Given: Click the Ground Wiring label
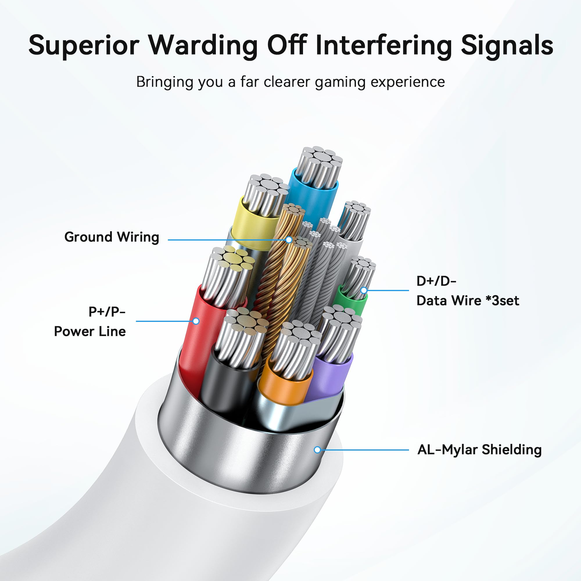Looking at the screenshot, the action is point(112,237).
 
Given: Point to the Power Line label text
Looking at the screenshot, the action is point(89,331).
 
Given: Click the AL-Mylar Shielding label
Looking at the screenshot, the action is point(479,450).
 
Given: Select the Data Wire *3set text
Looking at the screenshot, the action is point(468,300).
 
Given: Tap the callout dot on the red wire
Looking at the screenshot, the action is point(196,321).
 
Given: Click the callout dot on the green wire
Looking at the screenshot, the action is point(364,290).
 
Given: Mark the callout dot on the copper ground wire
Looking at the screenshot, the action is point(289,240).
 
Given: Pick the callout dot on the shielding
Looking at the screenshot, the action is point(317,450).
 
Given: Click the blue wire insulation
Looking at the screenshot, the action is point(313,198).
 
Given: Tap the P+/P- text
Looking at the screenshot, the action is point(107,312).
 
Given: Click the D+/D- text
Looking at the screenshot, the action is point(436,281).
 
